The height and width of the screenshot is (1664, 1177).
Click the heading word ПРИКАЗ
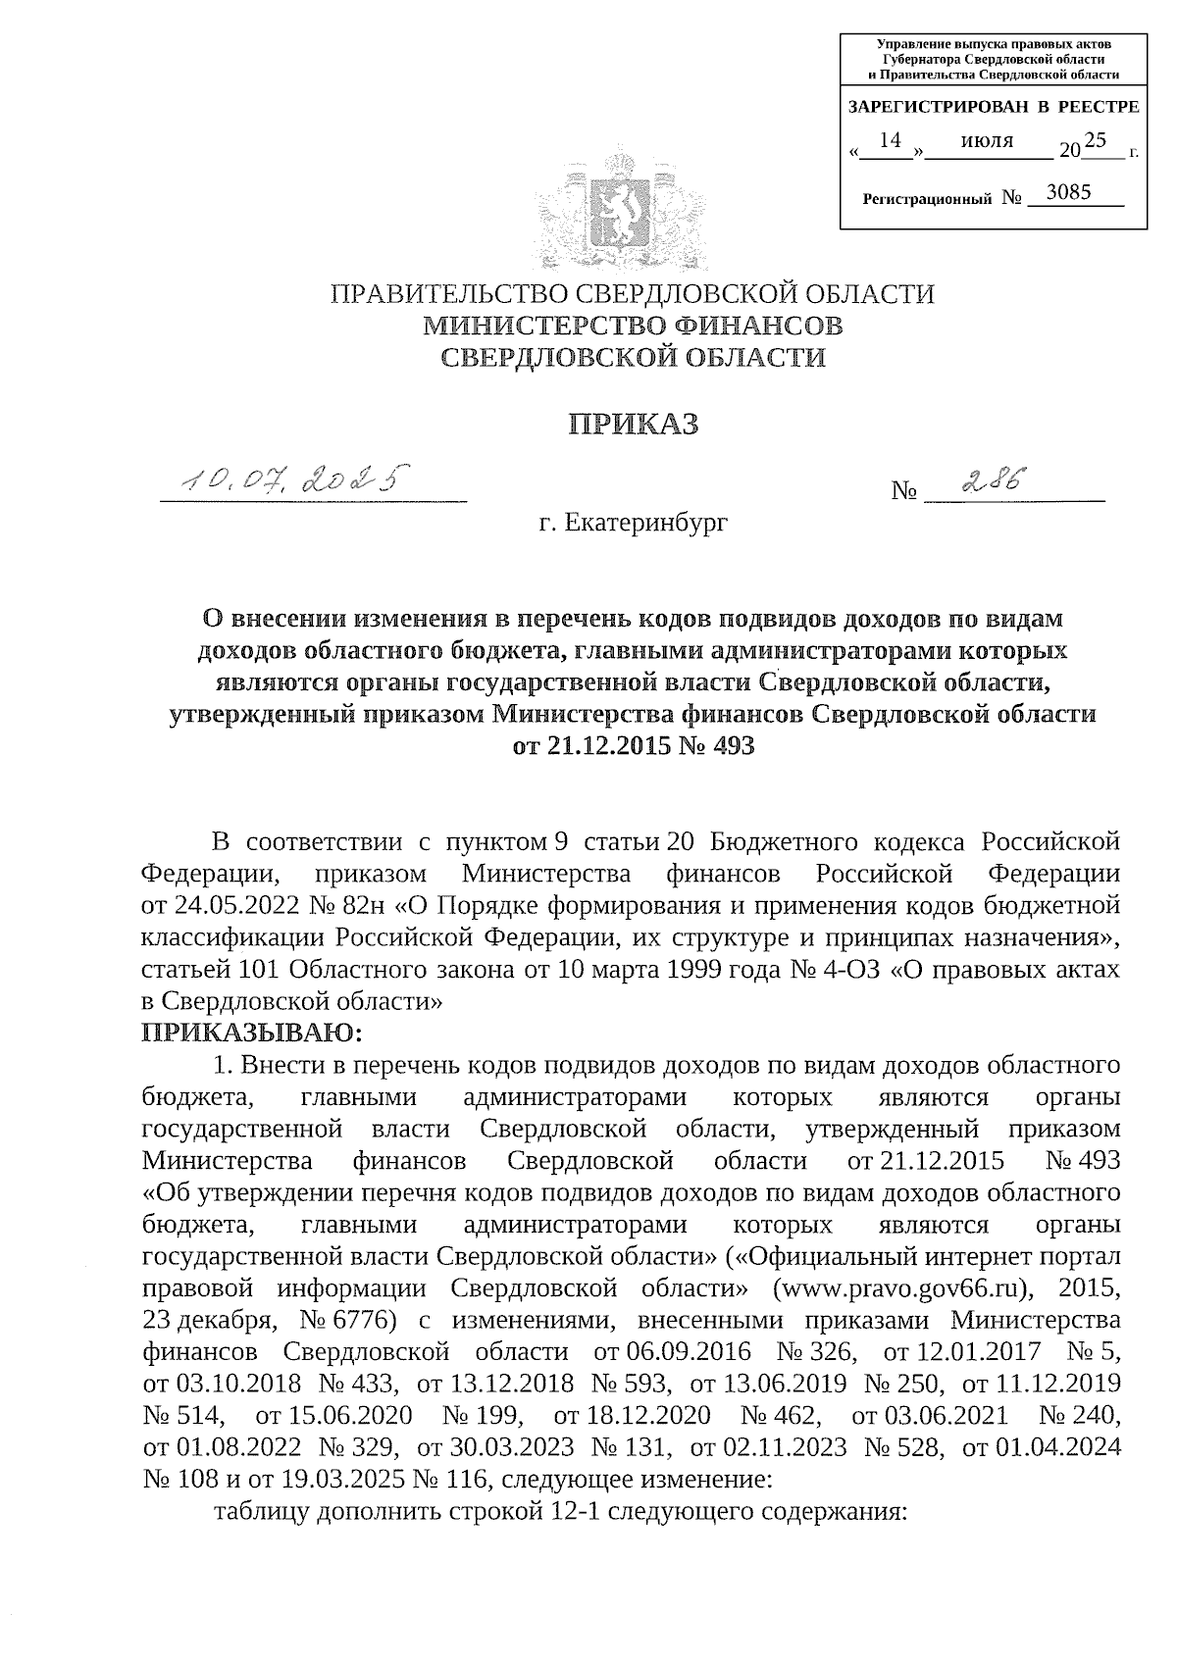point(634,425)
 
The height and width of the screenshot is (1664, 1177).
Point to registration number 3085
point(1068,192)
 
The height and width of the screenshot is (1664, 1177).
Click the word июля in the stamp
point(987,141)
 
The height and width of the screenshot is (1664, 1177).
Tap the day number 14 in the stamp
point(890,141)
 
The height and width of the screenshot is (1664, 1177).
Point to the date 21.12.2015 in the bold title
point(592,746)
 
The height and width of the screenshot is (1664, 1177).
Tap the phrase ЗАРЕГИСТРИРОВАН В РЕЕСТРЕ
point(993,106)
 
